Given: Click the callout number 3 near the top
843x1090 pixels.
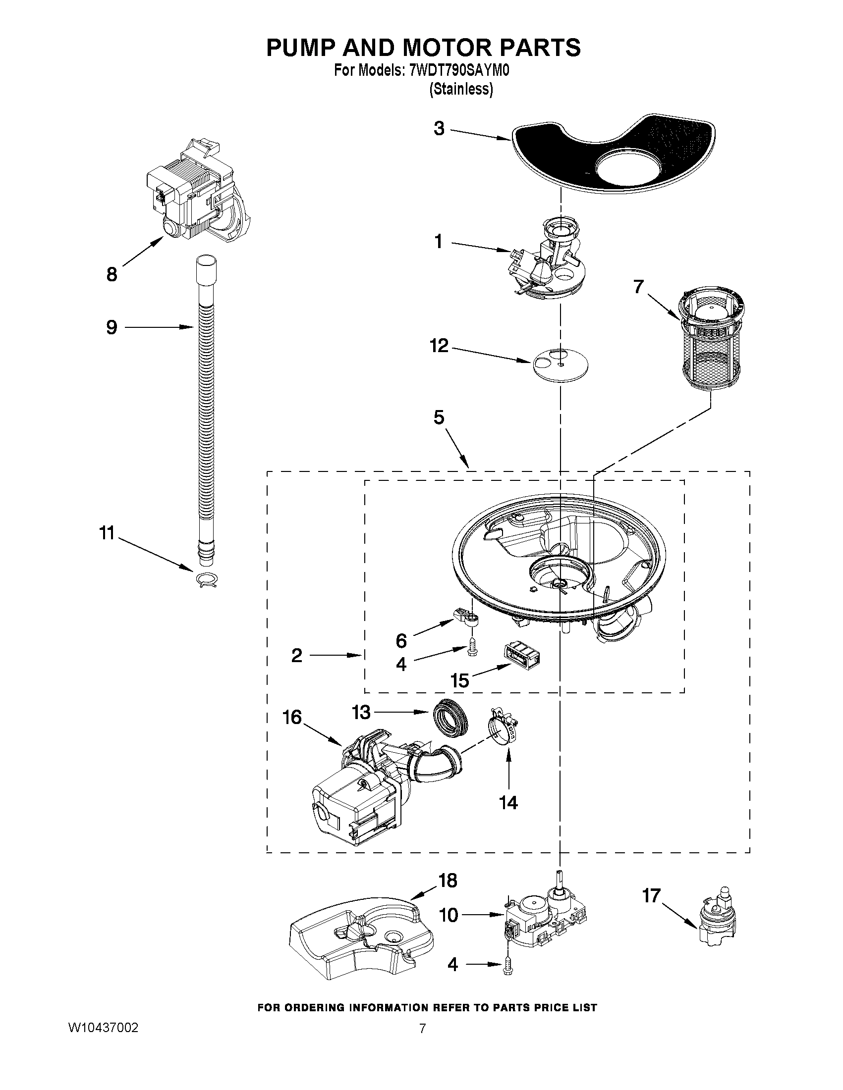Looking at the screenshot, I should (x=439, y=129).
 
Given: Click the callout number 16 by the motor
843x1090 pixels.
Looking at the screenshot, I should (x=292, y=717).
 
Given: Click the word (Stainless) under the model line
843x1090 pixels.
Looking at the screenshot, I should (x=461, y=89).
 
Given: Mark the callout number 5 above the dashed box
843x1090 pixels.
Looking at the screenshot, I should (x=439, y=417).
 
